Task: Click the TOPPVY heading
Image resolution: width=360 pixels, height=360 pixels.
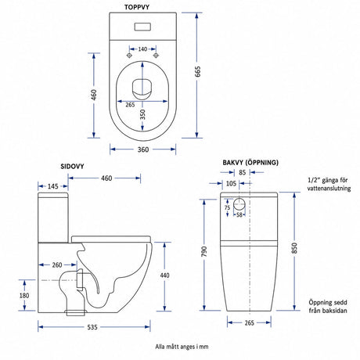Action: (x=137, y=7)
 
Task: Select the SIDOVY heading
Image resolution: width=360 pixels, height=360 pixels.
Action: (x=72, y=167)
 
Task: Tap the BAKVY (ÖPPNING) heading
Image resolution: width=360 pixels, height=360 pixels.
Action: (x=250, y=163)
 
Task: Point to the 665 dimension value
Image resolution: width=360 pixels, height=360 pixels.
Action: (x=198, y=71)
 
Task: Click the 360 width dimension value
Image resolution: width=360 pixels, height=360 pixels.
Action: (x=143, y=149)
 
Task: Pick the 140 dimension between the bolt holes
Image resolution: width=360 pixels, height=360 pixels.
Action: (x=142, y=49)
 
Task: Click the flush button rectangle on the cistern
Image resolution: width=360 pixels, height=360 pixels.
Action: (x=142, y=27)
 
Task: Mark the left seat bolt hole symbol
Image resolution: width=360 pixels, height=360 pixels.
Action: (x=129, y=56)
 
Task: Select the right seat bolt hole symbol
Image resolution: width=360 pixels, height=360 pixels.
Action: (x=156, y=56)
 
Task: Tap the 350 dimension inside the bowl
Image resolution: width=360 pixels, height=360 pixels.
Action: (x=142, y=114)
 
